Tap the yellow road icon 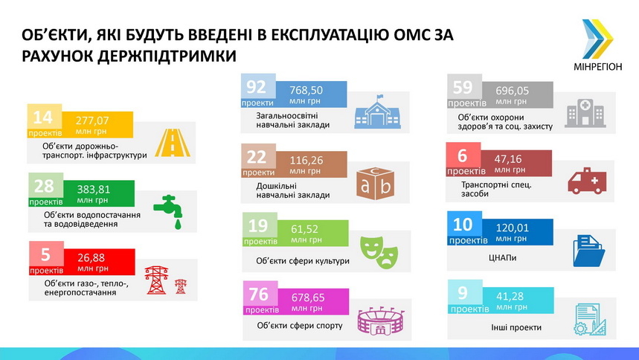[173, 143]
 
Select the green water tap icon [170, 211]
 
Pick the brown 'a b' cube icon [376, 184]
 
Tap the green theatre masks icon [379, 251]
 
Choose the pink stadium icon [382, 321]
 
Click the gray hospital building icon [585, 113]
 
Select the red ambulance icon [587, 181]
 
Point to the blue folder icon [589, 251]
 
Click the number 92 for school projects [256, 86]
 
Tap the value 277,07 [92, 120]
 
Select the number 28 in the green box [44, 186]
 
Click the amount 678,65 [308, 298]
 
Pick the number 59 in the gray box [463, 87]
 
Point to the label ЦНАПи [502, 257]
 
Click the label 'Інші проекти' [516, 327]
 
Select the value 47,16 [508, 159]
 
